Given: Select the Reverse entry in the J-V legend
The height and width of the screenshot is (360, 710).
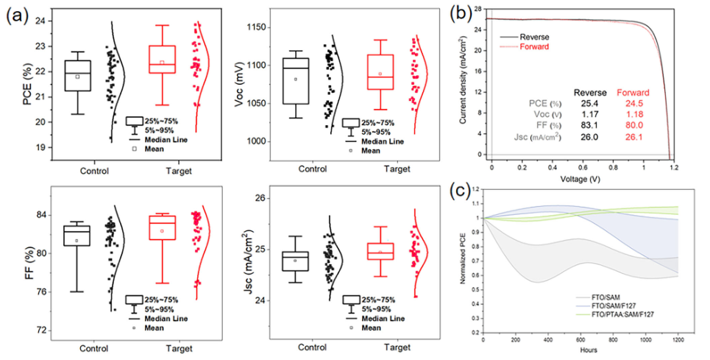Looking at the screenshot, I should [535, 36].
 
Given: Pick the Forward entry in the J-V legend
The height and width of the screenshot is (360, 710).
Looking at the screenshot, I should [535, 46].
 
